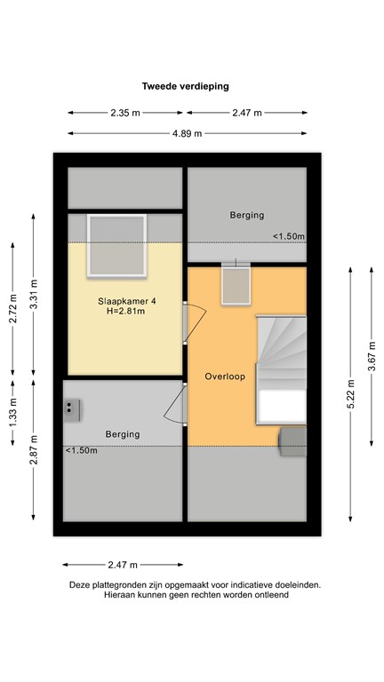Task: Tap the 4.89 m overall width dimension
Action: click(x=187, y=133)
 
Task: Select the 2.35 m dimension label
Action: click(x=125, y=113)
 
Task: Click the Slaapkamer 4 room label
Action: click(x=127, y=302)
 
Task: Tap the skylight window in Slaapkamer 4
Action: click(x=116, y=246)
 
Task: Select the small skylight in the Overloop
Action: click(x=236, y=284)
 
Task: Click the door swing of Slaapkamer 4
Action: click(x=195, y=321)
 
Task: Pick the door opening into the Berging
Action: click(x=177, y=404)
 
